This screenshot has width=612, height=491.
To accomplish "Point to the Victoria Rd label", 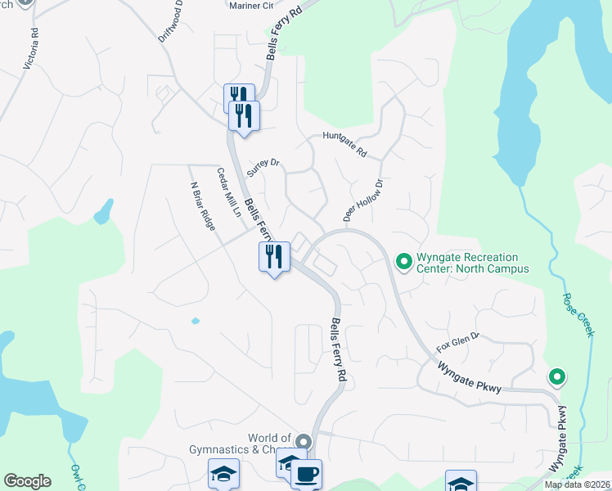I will pos(30,48).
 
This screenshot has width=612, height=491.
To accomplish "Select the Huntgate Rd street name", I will pos(344,145).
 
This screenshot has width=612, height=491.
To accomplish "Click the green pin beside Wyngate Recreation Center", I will pos(403,262).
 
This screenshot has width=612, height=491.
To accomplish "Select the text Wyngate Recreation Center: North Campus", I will pos(472,263).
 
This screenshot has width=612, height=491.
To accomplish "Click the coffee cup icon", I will pos(306,475).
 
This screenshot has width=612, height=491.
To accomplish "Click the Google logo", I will pos(27,481).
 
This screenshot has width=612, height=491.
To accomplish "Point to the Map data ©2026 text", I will pos(576,484).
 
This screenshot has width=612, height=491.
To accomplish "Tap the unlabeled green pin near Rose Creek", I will pos(557,377).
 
